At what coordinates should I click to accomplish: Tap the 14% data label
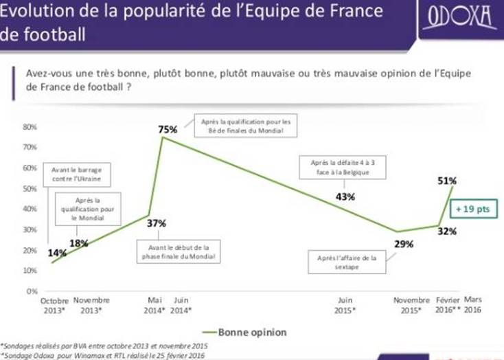click(x=58, y=252)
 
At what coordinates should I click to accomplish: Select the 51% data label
click(x=448, y=181)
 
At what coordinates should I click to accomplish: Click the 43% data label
click(x=345, y=197)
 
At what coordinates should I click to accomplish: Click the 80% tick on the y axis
click(x=29, y=127)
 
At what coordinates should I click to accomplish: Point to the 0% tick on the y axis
click(x=31, y=291)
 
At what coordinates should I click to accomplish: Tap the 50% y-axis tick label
click(x=29, y=189)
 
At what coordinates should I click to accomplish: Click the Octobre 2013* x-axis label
click(x=55, y=305)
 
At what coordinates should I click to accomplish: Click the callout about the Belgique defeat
click(x=341, y=167)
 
